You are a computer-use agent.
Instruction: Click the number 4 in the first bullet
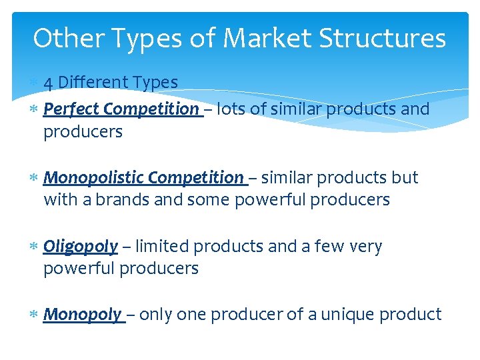pos(48,83)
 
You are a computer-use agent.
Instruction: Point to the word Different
pos(94,83)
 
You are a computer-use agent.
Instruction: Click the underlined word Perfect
pos(71,109)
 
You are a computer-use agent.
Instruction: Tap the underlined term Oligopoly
pos(81,247)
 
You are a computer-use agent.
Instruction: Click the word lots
pos(231,109)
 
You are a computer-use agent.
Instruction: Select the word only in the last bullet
pos(155,314)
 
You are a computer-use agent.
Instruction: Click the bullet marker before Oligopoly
pos(34,247)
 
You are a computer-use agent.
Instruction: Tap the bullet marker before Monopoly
pos(34,314)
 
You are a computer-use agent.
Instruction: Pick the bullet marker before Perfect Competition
pos(34,109)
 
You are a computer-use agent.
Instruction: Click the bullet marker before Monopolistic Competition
pos(34,178)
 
